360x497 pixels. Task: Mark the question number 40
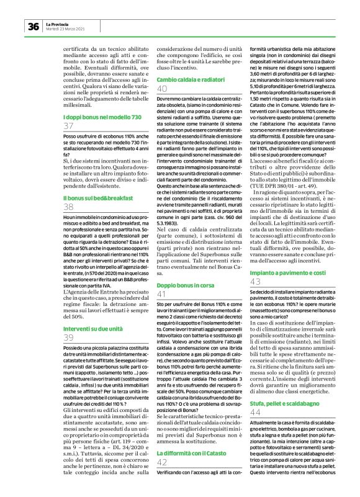tap(163, 89)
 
